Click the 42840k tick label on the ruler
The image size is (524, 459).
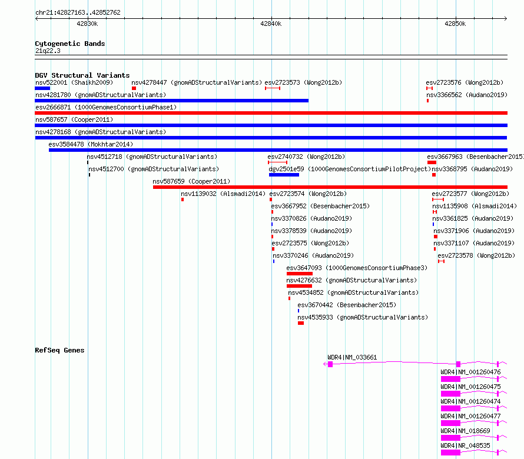click(x=271, y=24)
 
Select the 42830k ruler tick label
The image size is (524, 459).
click(x=87, y=24)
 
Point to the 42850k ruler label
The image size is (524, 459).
click(x=455, y=24)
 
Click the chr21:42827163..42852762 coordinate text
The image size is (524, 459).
click(x=78, y=12)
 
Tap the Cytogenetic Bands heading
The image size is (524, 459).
click(x=70, y=44)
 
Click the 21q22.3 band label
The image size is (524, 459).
click(x=48, y=51)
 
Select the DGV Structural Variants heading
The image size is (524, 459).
click(x=82, y=75)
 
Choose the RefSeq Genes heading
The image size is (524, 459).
click(x=59, y=350)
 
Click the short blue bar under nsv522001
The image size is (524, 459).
click(x=42, y=88)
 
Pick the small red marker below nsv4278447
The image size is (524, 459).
click(x=134, y=88)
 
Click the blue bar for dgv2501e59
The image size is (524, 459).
click(x=284, y=175)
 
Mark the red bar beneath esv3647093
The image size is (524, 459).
click(x=300, y=274)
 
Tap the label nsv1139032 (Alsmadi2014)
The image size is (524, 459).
click(x=223, y=194)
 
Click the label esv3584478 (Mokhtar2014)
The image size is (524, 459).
click(x=91, y=144)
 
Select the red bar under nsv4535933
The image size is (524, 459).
click(x=301, y=323)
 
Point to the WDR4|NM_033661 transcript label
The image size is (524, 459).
click(x=352, y=357)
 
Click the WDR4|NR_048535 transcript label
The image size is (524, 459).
click(x=465, y=445)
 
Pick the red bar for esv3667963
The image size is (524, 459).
click(x=432, y=162)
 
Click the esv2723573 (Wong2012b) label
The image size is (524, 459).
click(x=303, y=82)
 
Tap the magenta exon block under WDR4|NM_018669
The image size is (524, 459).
click(x=450, y=438)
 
